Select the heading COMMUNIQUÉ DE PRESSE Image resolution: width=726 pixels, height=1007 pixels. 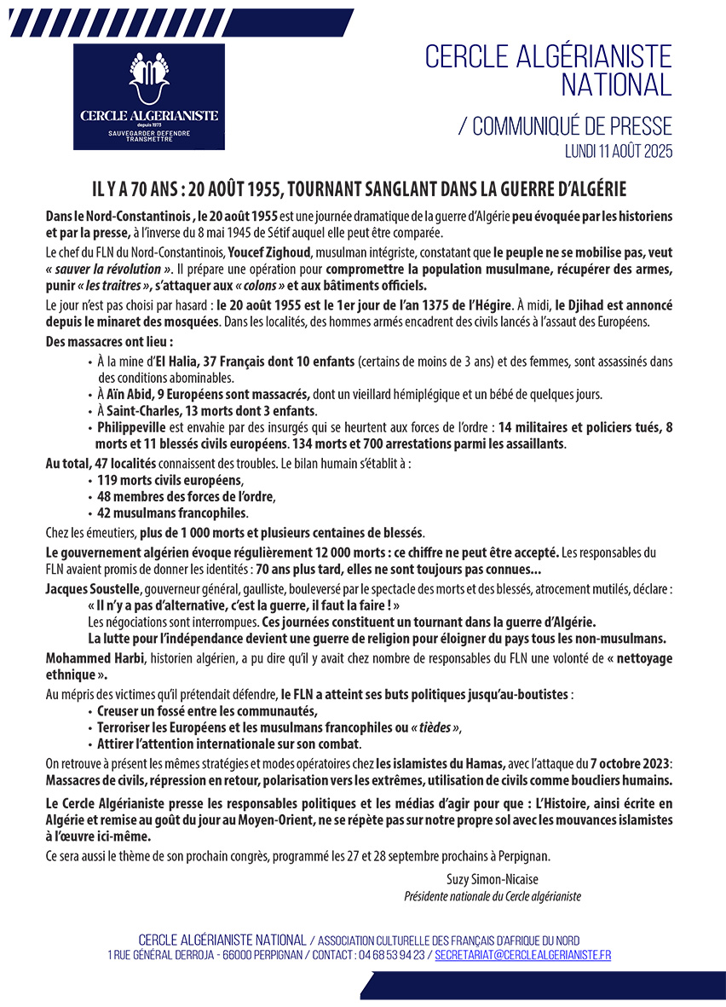tap(572, 127)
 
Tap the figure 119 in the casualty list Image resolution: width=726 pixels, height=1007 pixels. tap(108, 480)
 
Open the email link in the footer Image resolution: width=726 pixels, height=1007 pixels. tap(522, 955)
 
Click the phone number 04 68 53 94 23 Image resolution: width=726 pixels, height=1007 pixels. tap(392, 955)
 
